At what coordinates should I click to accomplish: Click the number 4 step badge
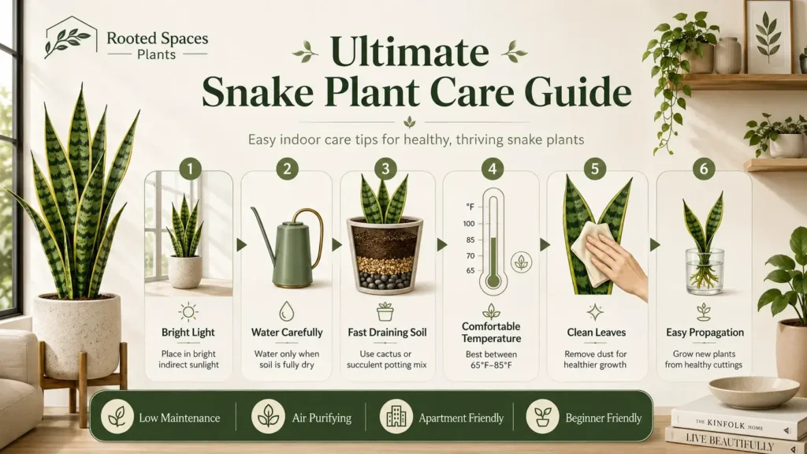[492, 169]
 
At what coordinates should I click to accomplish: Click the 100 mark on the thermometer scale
[469, 224]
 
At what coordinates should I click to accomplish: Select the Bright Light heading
[188, 333]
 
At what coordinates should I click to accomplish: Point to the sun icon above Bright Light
[188, 312]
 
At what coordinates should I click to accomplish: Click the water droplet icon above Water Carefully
[287, 311]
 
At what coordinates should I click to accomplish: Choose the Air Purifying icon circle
[268, 416]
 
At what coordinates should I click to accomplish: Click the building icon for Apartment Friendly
[396, 416]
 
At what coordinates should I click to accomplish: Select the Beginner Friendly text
[603, 418]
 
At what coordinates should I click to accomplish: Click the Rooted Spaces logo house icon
[70, 36]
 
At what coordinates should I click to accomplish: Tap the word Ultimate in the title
[409, 51]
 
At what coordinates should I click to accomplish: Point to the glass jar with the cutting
[704, 271]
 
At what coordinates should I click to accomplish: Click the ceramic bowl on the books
[754, 393]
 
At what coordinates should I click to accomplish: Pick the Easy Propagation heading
[705, 333]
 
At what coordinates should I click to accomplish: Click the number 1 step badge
[190, 169]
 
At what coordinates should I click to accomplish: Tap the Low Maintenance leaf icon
[117, 416]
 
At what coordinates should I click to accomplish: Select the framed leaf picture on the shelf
[768, 36]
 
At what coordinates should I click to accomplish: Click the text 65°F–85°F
[491, 366]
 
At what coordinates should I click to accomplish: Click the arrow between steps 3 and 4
[441, 245]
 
